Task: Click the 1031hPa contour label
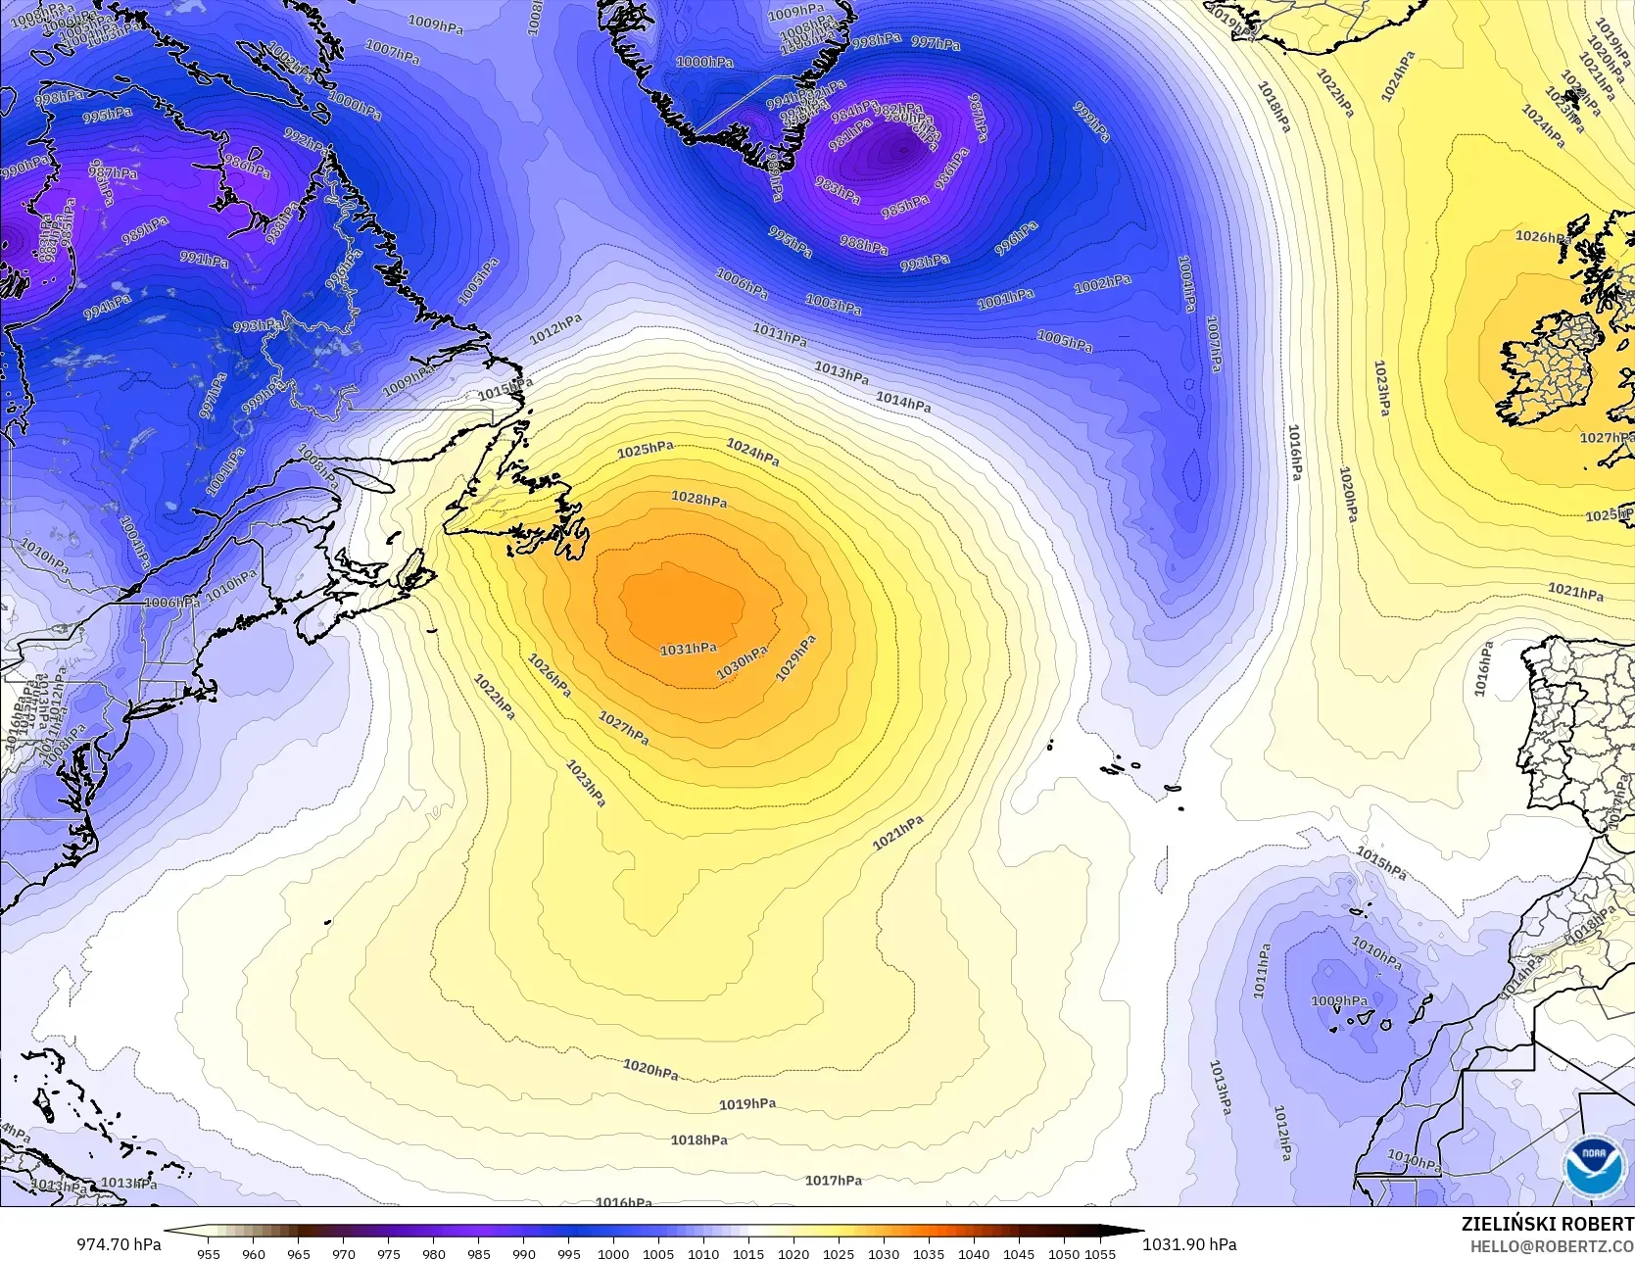click(x=688, y=650)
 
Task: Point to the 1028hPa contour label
click(x=698, y=500)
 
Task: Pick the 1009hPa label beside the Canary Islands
click(x=1339, y=1000)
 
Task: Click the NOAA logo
click(x=1591, y=1167)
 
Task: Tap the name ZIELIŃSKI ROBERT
click(x=1547, y=1224)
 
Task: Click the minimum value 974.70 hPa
click(x=120, y=1244)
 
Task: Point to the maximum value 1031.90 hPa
click(x=1189, y=1244)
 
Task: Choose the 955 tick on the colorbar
click(x=208, y=1253)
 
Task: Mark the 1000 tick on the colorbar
click(x=613, y=1253)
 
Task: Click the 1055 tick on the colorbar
click(x=1100, y=1253)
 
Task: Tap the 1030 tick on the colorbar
click(x=884, y=1253)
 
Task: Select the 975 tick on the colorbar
click(x=388, y=1253)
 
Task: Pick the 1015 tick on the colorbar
click(x=748, y=1253)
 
